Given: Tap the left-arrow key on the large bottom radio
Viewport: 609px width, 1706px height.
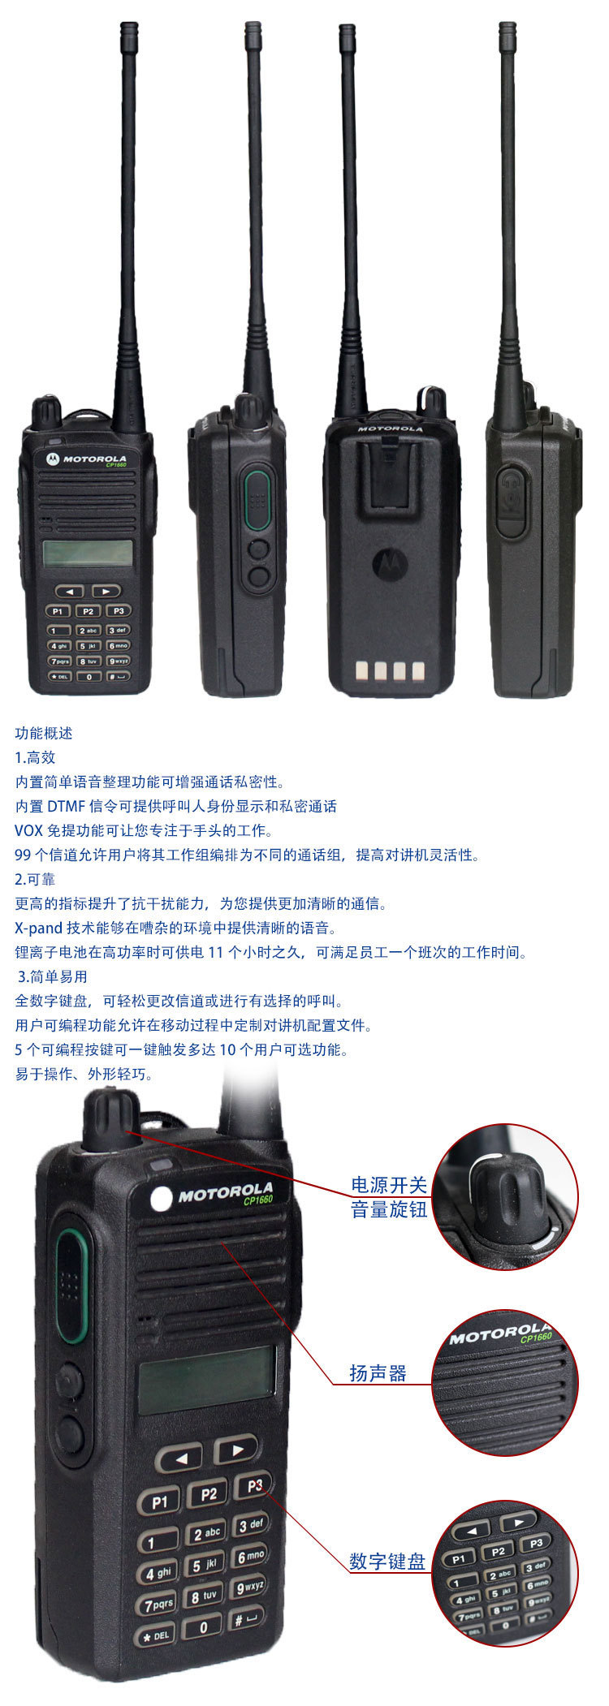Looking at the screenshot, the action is pos(179,1458).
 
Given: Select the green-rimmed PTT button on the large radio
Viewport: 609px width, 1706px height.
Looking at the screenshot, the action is pos(71,1284).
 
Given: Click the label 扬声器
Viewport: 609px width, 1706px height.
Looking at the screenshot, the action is pos(378,1373).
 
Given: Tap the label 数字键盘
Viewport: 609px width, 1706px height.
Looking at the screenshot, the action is pos(387,1561).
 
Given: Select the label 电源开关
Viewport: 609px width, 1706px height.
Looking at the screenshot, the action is pos(389,1184).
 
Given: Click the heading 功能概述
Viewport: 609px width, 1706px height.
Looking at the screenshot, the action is pos(44,733).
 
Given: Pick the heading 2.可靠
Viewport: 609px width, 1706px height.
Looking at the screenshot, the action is pos(35,879).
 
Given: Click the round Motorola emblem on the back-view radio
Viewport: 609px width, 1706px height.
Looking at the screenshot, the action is pos(387,562).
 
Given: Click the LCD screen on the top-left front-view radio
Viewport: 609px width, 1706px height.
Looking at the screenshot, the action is pos(87,553).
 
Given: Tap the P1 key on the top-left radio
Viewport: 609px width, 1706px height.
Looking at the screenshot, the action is pos(58,611).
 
